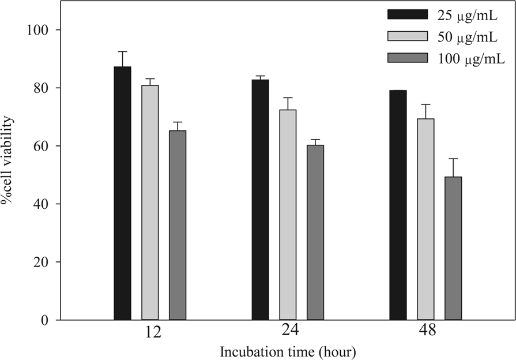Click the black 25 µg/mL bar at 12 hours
coord(122,193)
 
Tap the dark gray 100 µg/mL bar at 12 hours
coord(178,225)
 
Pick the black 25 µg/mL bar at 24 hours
coord(260,200)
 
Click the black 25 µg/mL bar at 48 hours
coord(398,205)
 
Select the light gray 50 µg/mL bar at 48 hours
coord(425,219)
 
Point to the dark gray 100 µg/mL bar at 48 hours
coord(453,248)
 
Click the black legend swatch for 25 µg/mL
coord(408,14)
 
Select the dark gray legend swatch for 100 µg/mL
coord(408,58)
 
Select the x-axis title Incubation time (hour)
coord(287,351)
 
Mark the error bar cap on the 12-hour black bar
coord(122,51)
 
